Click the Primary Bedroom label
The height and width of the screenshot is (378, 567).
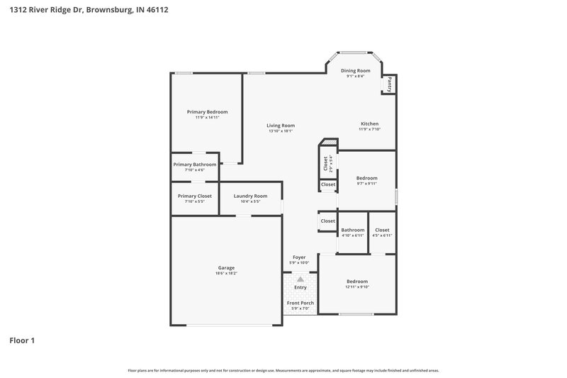(207, 112)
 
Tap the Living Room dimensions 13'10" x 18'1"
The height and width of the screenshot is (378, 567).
(281, 131)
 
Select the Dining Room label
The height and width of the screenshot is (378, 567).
(355, 71)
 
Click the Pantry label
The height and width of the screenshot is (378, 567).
(389, 84)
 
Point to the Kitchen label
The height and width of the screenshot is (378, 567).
(369, 123)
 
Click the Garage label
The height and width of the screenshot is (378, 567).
(226, 267)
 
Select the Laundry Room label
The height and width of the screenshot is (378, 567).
(250, 196)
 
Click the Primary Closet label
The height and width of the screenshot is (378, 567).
(194, 196)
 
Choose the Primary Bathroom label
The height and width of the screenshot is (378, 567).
(194, 165)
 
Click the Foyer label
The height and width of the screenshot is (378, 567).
(299, 257)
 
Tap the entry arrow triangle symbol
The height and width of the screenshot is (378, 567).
(300, 280)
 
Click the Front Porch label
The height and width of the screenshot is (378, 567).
(300, 303)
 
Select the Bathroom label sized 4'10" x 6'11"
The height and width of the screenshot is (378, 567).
(352, 230)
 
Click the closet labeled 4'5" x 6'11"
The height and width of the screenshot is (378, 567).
(382, 230)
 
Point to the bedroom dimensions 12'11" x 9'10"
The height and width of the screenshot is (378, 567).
(357, 287)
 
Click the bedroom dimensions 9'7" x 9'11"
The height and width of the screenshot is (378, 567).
(366, 184)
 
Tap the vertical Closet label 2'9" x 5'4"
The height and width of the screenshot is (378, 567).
(326, 164)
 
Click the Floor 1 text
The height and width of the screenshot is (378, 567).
(22, 340)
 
